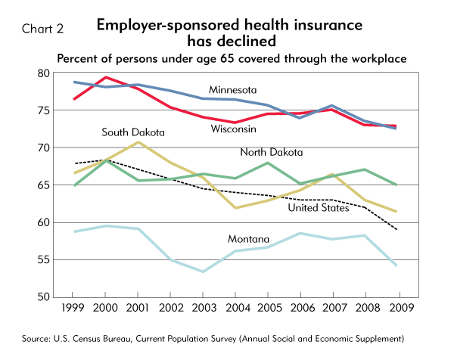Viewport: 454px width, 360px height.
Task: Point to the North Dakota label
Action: click(x=271, y=152)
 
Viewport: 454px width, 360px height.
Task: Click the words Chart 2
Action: click(x=42, y=29)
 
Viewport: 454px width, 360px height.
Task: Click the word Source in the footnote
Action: click(x=34, y=337)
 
